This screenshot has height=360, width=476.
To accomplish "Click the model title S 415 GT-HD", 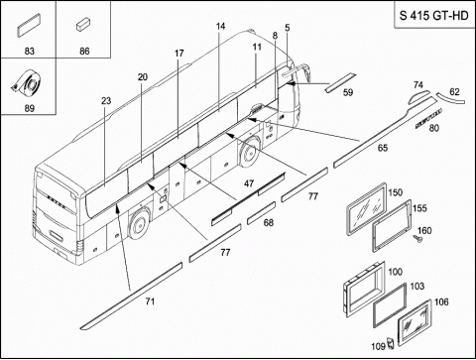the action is (x=434, y=15).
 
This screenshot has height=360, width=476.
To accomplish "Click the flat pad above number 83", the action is (x=29, y=25).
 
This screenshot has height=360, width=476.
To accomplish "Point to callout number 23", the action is (x=106, y=100).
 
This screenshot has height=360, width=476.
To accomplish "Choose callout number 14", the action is (x=220, y=26).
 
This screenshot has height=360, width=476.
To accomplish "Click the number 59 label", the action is (x=348, y=92).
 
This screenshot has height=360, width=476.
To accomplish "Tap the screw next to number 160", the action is (x=417, y=239).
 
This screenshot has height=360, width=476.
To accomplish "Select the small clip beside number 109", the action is (x=391, y=343).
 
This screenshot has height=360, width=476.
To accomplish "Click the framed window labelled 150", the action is (x=366, y=209).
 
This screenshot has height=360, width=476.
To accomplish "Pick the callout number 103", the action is (x=417, y=286).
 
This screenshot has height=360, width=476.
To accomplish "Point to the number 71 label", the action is (x=150, y=300).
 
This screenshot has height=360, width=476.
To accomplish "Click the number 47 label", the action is (x=249, y=183).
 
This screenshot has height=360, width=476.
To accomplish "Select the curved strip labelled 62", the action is (x=450, y=99).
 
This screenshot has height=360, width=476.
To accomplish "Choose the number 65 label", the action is (x=383, y=148).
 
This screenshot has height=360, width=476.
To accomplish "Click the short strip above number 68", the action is (x=261, y=212).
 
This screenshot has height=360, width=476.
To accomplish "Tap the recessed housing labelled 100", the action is (x=364, y=290).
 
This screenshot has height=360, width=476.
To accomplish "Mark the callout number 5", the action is (x=287, y=28).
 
